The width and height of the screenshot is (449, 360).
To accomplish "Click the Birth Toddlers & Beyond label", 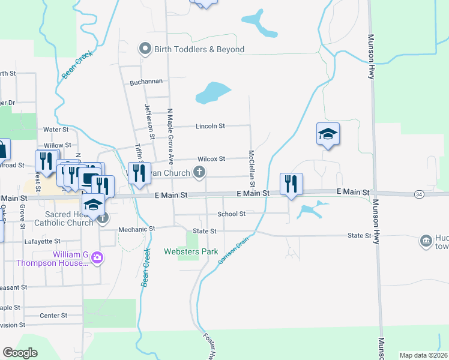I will [199, 49].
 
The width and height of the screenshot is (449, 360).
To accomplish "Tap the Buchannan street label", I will [144, 82].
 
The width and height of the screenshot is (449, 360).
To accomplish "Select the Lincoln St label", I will [210, 126].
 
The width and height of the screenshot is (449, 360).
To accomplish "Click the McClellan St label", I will [253, 167].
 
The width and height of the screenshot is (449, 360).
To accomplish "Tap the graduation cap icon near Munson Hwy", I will [328, 134].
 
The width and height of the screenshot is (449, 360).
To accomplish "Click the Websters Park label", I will [191, 252].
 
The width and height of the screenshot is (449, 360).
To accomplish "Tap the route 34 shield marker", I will [420, 194].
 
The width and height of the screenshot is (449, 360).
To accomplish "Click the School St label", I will [232, 214].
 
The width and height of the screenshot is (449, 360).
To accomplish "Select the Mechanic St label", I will [137, 229].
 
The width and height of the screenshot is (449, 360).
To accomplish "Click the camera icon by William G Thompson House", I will [97, 258].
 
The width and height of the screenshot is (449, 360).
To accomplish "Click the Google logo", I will [20, 353].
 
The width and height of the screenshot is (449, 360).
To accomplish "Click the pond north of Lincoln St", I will [212, 92].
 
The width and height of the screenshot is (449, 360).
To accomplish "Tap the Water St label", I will [56, 129].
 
